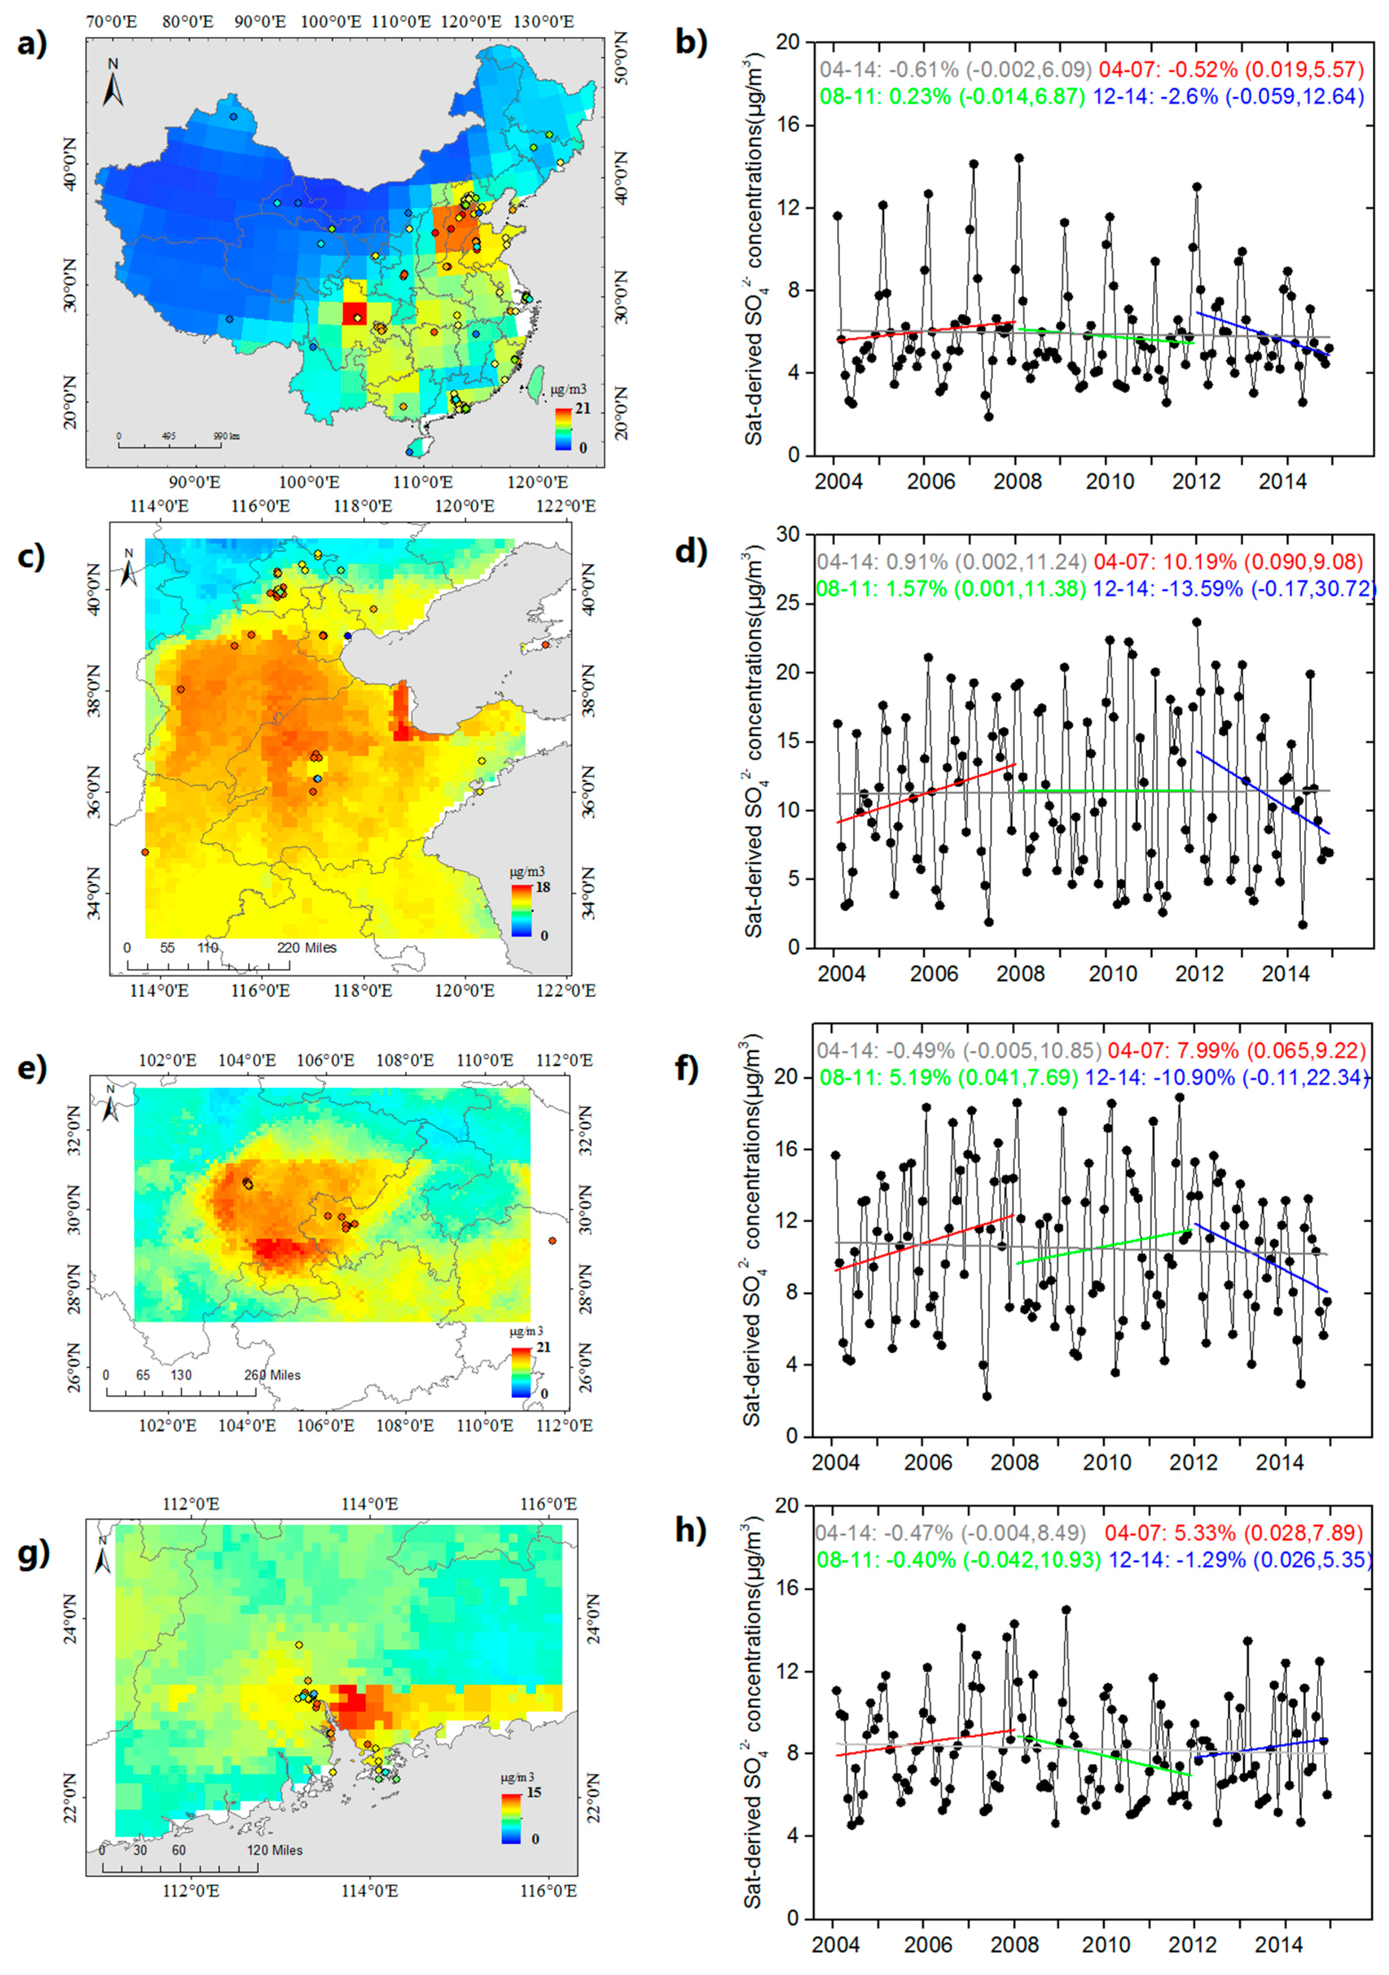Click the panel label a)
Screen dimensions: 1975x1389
pyautogui.click(x=32, y=43)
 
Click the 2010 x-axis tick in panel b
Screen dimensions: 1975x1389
pyautogui.click(x=1109, y=481)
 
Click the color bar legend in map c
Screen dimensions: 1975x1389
pyautogui.click(x=521, y=910)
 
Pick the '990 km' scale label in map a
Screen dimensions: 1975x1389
pyautogui.click(x=227, y=436)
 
